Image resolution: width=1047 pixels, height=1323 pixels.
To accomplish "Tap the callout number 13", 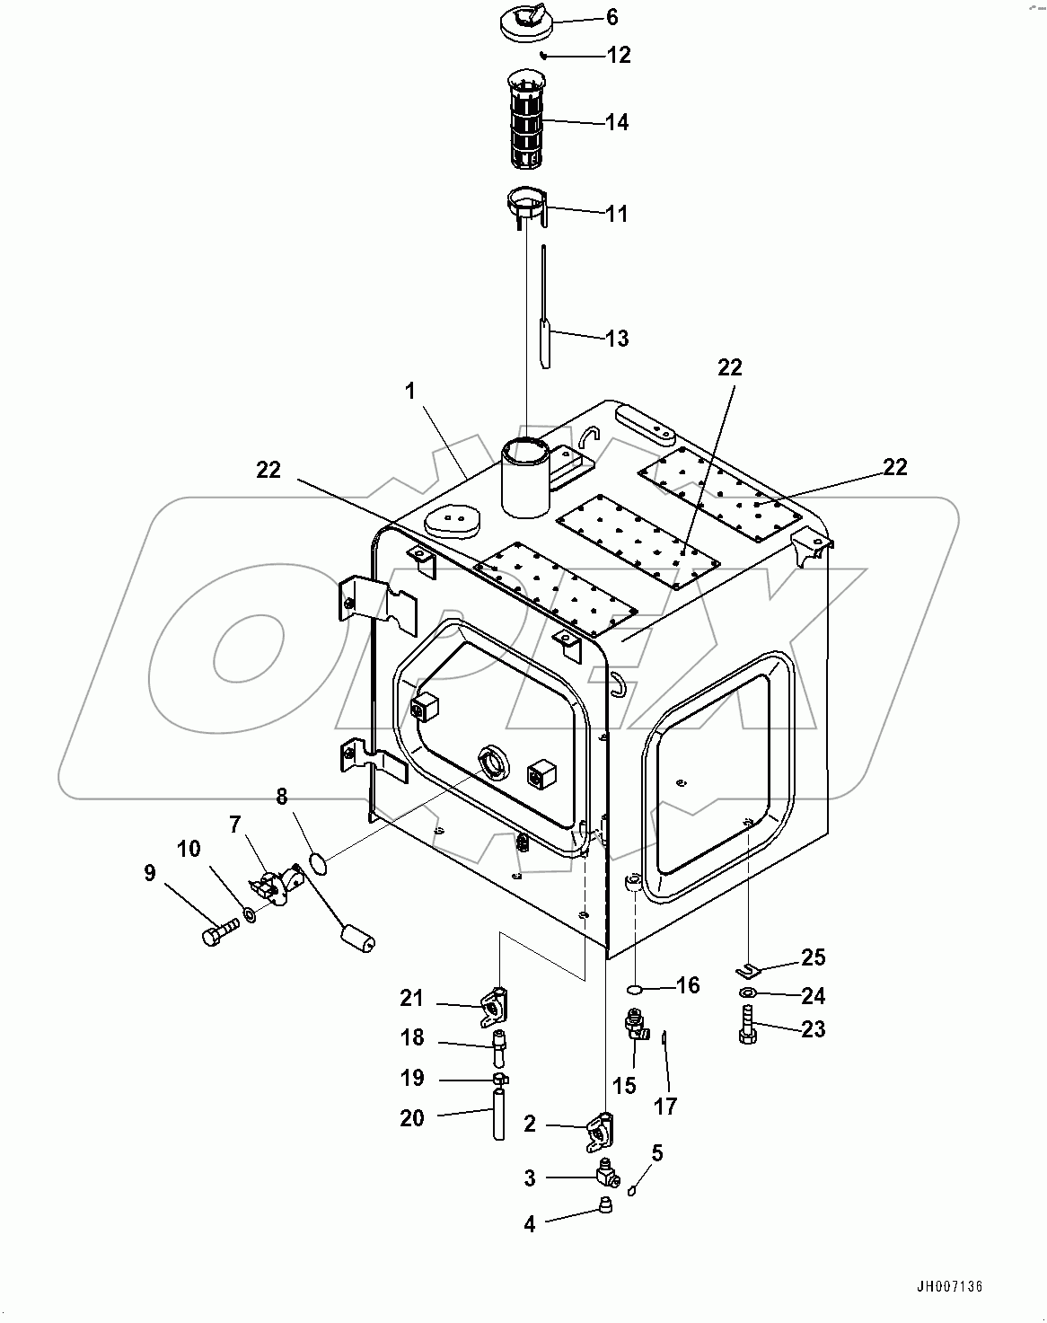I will pos(617,339).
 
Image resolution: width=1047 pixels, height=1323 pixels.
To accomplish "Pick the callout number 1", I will pos(410,392).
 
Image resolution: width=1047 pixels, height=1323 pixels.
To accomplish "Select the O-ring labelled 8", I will pos(316,863).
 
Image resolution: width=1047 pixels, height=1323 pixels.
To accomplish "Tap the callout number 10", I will pos(189,849).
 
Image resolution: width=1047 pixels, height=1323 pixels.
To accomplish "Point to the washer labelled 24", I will pos(748,992).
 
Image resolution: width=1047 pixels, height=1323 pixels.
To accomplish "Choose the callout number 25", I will pos(813,957).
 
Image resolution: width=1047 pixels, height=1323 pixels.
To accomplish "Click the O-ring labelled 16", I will pos(634,989).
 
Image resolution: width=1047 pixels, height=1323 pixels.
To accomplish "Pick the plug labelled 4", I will pos(606,1206).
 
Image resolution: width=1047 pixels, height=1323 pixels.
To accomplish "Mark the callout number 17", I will pos(665,1107).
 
